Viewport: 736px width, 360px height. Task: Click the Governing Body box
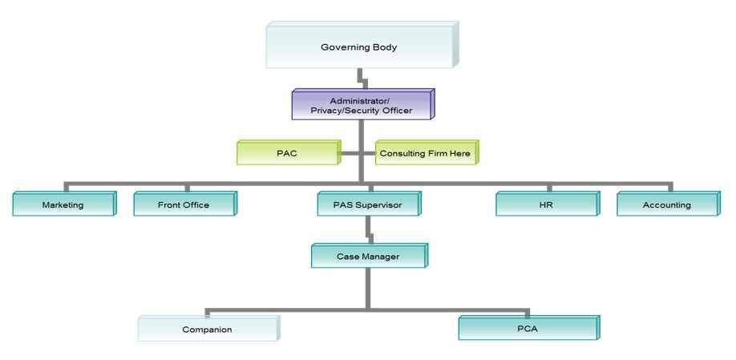359,47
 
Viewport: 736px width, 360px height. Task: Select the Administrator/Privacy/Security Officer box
361,106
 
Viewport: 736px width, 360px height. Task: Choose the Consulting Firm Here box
425,152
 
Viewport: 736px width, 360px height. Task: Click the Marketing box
63,205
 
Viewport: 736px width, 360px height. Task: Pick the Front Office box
183,205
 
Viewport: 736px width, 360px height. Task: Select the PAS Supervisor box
367,205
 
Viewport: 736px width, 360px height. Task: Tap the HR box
545,205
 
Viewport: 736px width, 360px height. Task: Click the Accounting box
666,205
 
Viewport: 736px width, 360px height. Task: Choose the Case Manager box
367,257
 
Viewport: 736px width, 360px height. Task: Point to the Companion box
207,330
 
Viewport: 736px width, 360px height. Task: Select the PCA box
528,329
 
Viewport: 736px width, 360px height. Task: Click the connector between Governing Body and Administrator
363,81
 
